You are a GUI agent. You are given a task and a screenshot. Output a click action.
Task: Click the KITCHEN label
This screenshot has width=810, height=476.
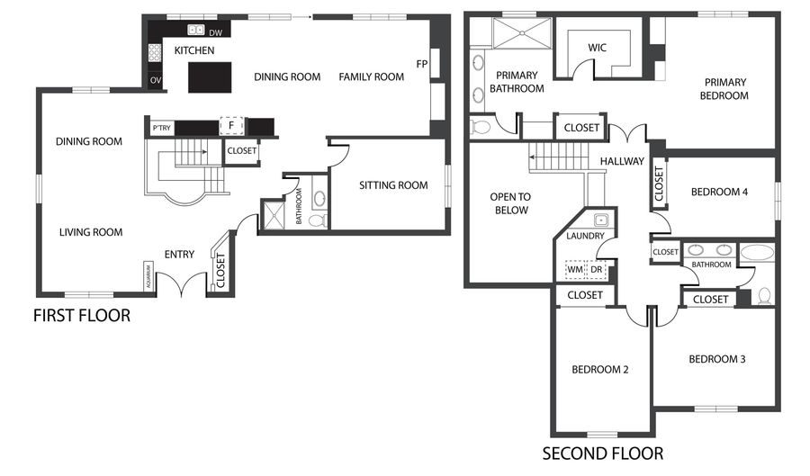[x=194, y=50]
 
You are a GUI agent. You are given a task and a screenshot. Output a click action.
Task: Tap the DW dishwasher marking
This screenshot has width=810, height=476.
[x=216, y=33]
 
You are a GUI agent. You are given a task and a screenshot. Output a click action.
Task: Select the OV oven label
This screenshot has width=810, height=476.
[x=156, y=81]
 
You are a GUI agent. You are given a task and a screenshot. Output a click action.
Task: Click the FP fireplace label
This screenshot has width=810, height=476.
[x=421, y=64]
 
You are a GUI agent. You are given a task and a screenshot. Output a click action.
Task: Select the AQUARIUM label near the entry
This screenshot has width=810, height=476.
[x=148, y=276]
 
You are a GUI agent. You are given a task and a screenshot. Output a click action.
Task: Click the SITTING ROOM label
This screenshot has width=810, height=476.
[x=392, y=185]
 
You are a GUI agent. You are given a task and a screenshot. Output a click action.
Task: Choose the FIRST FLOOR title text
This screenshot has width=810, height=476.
[x=82, y=316]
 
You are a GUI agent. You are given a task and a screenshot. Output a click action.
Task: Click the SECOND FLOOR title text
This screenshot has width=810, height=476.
[x=603, y=454]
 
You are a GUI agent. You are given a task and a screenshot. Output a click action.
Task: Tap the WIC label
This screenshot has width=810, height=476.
[x=598, y=47]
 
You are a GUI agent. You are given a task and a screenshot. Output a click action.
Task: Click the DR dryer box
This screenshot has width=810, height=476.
[x=596, y=269]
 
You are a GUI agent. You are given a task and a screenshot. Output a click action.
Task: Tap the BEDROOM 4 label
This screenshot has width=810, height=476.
[x=719, y=192]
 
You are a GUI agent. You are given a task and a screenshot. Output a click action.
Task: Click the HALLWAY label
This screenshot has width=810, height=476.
[x=623, y=162]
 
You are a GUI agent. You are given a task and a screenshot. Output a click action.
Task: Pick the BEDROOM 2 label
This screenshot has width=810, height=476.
[x=599, y=369]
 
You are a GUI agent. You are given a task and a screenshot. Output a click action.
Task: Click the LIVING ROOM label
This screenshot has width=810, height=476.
[x=91, y=232]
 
